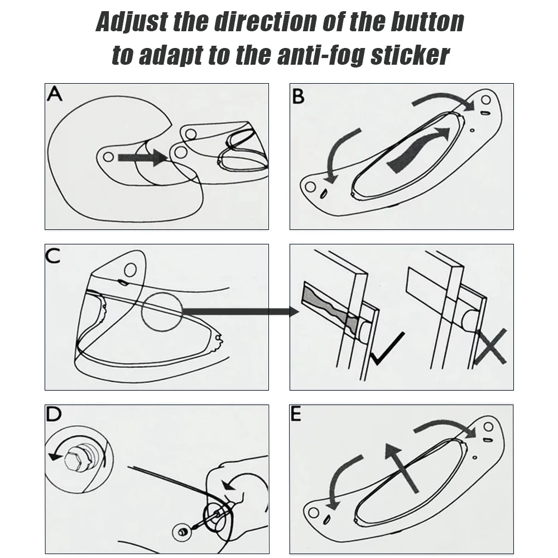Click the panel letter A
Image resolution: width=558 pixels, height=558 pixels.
point(55,94)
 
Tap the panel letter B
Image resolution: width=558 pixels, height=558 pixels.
point(298,97)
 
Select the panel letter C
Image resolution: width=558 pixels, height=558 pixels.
point(53,256)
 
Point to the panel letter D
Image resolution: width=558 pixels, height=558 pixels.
point(54,414)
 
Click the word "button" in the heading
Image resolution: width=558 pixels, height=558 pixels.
point(427,22)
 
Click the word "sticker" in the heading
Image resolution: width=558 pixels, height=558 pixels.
point(410,55)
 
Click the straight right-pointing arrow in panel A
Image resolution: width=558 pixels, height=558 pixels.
point(143,157)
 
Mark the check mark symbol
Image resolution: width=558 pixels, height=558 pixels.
point(387,349)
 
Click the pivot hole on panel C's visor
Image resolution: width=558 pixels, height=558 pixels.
point(131,269)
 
